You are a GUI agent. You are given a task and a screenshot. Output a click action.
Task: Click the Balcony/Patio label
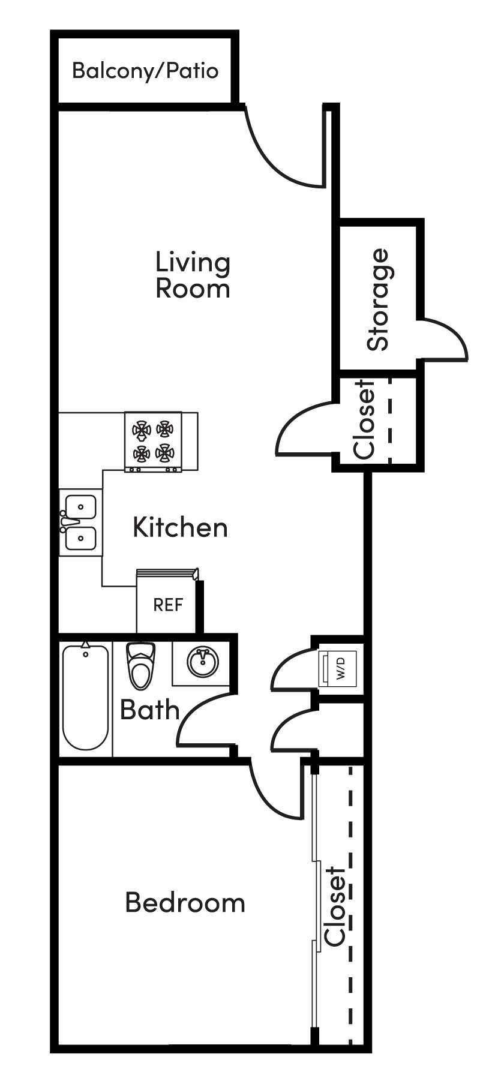click(145, 71)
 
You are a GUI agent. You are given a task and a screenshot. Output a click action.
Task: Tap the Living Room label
click(193, 275)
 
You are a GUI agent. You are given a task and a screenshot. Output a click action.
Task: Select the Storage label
click(379, 299)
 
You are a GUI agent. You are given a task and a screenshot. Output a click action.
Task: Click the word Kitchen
click(180, 527)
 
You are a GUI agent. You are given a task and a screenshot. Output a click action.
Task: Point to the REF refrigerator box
click(167, 605)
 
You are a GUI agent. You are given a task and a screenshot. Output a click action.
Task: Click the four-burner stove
click(153, 441)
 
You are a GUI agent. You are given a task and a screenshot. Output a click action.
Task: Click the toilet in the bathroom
click(142, 666)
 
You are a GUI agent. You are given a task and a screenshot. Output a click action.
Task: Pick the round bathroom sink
click(202, 663)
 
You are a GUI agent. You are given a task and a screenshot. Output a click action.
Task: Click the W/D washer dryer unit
click(339, 667)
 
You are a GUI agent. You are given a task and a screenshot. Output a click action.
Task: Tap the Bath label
click(149, 710)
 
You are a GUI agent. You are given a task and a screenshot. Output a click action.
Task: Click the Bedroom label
click(185, 902)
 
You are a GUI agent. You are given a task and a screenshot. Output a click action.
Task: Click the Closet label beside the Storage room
click(365, 420)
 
